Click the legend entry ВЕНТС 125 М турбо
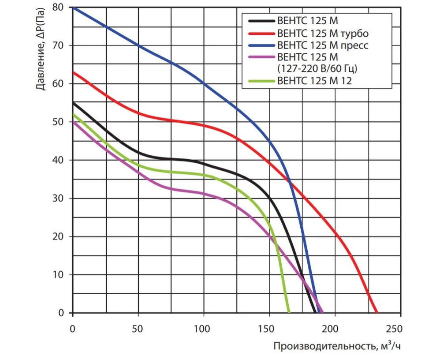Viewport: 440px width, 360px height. tap(322, 33)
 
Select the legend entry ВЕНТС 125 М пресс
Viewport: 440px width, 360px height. tap(322, 45)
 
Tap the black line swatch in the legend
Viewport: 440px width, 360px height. tap(261, 20)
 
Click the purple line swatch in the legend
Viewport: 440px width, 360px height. tap(261, 57)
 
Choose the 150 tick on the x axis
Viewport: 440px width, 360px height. tap(269, 329)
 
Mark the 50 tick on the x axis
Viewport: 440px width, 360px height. tap(138, 329)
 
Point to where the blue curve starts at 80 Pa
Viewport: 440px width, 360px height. tap(74, 7)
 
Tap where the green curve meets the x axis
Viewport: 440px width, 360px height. tap(289, 312)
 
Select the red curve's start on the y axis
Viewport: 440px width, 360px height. tap(74, 72)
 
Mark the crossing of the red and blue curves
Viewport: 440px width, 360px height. tap(289, 180)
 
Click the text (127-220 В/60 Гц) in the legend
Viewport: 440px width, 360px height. tap(317, 68)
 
